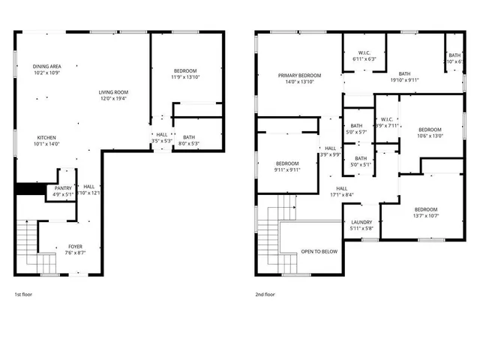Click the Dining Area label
[x=47, y=70]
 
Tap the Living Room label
[x=113, y=95]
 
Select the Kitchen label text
[x=46, y=140]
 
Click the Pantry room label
[x=63, y=190]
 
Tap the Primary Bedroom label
[x=300, y=79]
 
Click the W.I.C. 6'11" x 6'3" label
[x=364, y=55]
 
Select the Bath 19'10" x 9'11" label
[x=404, y=76]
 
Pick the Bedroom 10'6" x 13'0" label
[x=430, y=132]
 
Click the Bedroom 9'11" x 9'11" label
[x=287, y=166]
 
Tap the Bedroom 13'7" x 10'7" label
[x=425, y=213]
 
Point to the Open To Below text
[x=319, y=251]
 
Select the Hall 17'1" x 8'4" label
[x=341, y=191]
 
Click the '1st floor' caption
[x=23, y=295]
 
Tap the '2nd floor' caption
[x=265, y=295]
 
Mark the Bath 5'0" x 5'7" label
[x=356, y=129]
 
